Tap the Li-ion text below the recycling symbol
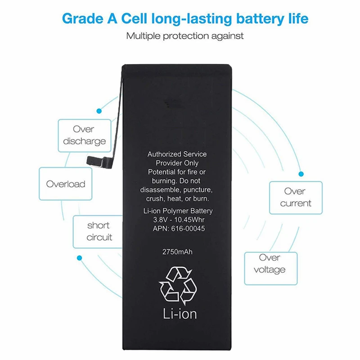[179, 313]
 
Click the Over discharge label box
[84, 135]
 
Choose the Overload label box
[66, 184]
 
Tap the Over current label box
[296, 197]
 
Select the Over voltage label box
[270, 264]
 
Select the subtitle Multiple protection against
[185, 36]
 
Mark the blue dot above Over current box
[301, 173]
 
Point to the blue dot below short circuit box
[80, 258]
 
